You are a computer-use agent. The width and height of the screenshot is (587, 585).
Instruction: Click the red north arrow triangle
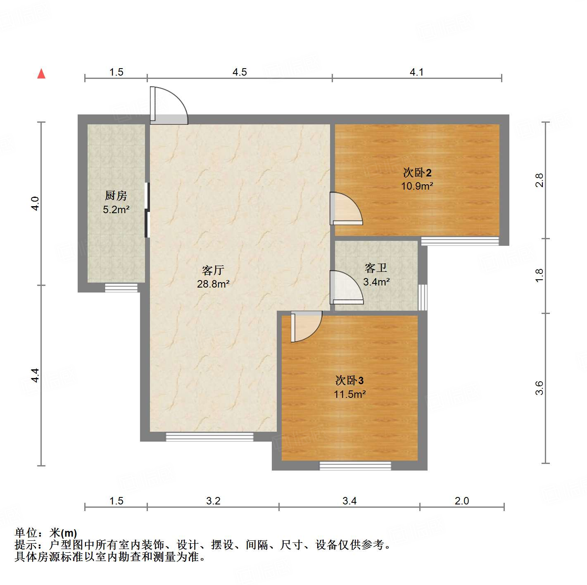41,74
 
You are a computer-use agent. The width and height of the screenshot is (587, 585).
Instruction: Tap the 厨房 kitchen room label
116,195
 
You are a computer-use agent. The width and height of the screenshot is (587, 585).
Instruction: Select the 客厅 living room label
213,270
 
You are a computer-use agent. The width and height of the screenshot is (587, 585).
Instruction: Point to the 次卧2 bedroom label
417,172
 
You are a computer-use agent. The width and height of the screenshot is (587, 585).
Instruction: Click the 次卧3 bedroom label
349,380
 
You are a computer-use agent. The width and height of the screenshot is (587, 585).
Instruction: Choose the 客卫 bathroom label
376,268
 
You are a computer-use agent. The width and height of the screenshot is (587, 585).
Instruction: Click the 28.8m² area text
213,284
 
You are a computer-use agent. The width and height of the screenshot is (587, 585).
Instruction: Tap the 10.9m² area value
417,186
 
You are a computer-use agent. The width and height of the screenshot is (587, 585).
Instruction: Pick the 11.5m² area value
349,394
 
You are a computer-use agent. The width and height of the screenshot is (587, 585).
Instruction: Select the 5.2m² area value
116,209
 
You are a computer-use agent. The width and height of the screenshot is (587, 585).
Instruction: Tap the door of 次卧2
346,209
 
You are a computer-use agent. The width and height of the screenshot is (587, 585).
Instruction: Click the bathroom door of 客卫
346,288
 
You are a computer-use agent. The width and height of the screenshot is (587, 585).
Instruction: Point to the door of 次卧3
306,326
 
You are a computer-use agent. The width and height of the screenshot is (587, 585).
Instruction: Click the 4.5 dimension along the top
240,72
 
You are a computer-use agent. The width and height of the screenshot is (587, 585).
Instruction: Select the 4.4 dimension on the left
35,375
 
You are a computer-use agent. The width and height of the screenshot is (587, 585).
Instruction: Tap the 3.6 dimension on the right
539,388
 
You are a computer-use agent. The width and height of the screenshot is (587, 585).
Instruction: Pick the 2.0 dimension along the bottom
462,501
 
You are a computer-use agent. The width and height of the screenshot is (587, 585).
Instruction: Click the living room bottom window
209,437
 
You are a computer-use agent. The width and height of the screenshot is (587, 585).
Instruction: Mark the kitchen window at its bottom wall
121,288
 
